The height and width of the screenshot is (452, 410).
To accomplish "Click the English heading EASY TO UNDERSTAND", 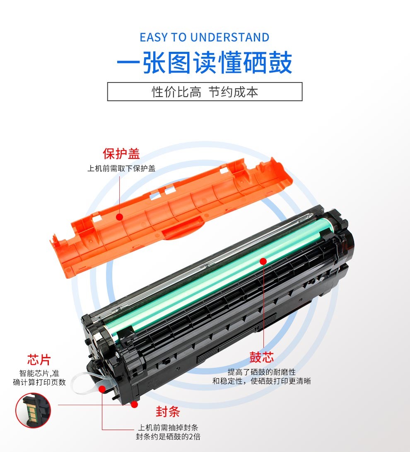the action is [205, 37].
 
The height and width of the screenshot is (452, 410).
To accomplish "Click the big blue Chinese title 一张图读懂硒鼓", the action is [205, 63].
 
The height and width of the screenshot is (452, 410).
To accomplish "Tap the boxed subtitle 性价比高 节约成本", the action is [205, 92].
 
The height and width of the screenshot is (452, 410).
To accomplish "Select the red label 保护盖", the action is [121, 154].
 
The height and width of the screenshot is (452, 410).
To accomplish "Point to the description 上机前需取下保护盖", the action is [121, 168].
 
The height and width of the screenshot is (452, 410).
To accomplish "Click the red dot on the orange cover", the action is [120, 217].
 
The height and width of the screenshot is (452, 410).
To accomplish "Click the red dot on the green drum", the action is [263, 261].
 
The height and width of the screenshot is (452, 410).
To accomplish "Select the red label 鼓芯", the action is [261, 357].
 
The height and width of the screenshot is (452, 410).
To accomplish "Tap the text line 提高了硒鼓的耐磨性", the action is [261, 372].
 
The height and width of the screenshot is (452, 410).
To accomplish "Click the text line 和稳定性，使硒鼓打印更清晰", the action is [261, 381].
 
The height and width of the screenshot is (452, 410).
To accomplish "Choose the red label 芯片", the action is [39, 360].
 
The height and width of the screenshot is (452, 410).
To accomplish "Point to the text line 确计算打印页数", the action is [39, 382].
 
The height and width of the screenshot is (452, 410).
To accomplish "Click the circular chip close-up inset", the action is [33, 410].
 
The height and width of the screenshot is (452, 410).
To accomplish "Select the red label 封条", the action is [168, 411].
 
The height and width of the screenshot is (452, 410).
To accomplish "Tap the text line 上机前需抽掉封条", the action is [168, 428].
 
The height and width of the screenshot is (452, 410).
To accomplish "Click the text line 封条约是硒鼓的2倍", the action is [168, 436].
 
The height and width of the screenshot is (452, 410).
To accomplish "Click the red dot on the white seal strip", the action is [102, 389].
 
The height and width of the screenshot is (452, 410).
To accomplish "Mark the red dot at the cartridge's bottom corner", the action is [134, 404].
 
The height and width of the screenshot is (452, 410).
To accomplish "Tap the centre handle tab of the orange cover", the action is [183, 228].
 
